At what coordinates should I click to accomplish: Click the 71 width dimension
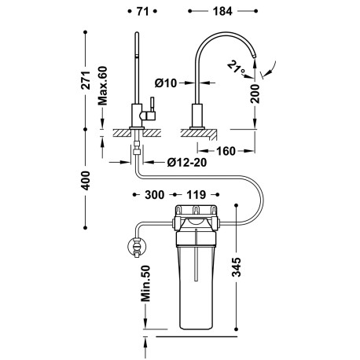[x=141, y=11]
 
